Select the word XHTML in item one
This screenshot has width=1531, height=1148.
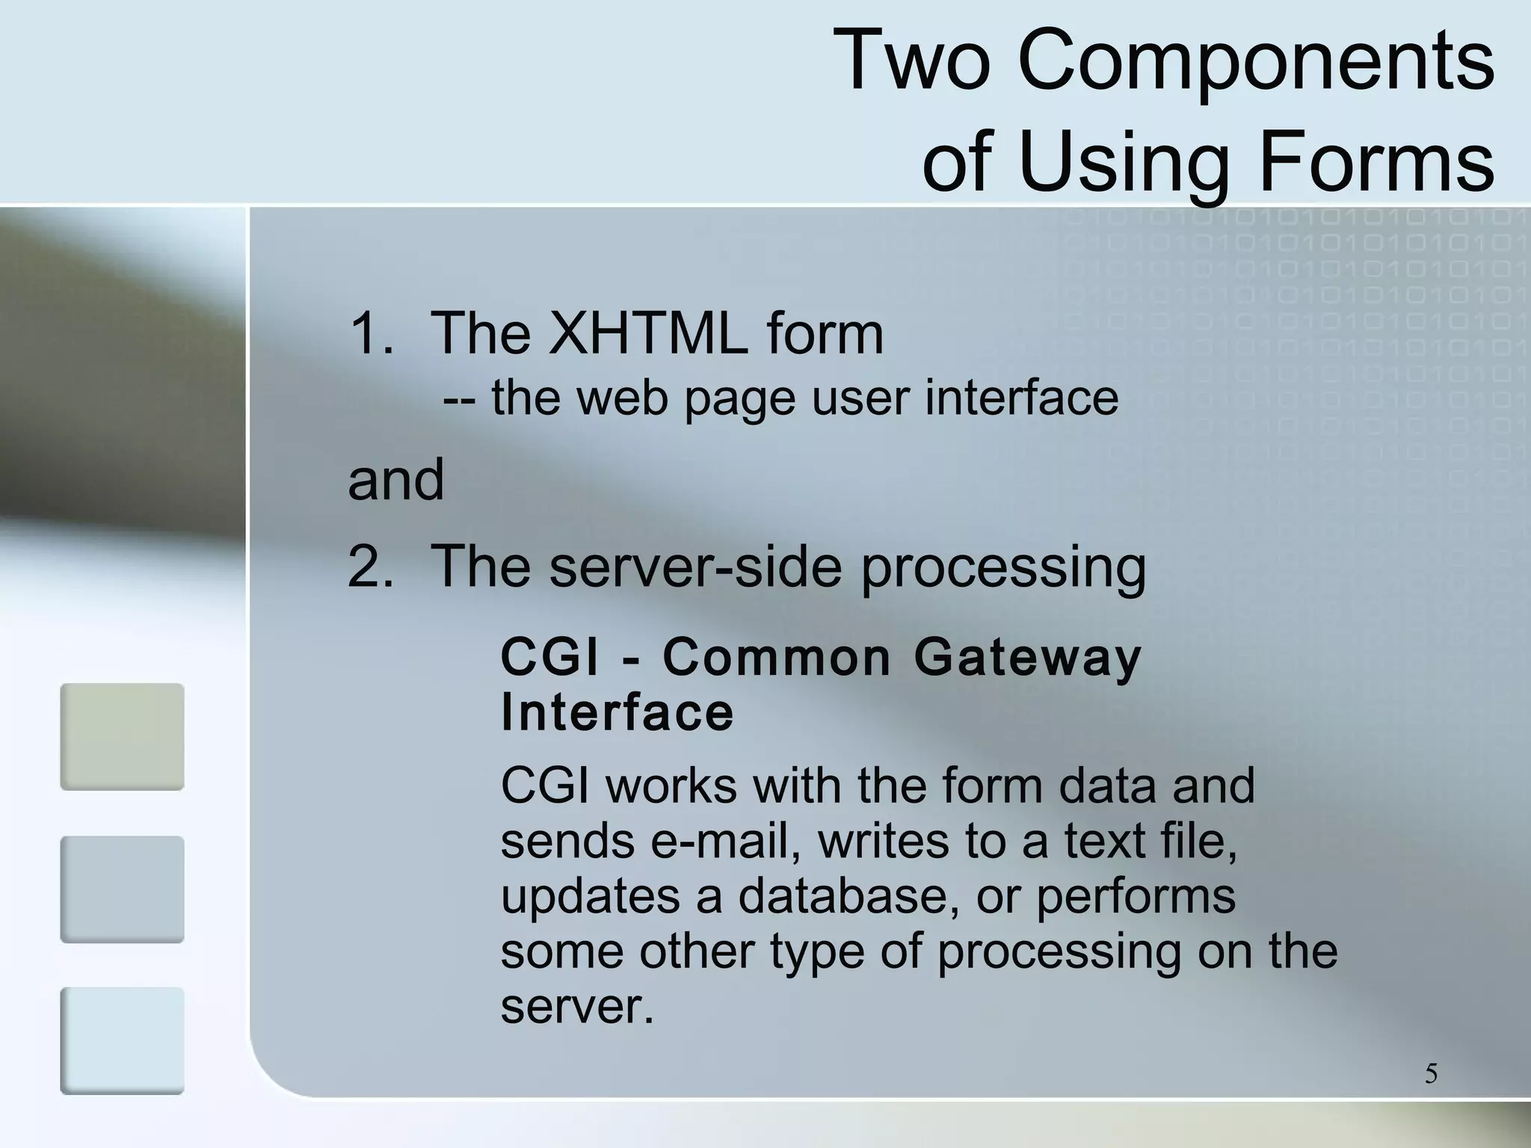[x=647, y=333]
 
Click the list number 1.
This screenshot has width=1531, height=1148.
[x=369, y=333]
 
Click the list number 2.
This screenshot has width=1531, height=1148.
[x=369, y=567]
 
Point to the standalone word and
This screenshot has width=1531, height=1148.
[x=396, y=480]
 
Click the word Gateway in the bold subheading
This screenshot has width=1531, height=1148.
[x=1027, y=658]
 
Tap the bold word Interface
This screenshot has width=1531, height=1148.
[x=617, y=712]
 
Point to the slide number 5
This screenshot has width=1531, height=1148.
[x=1431, y=1074]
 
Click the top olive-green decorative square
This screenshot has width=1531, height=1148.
[x=122, y=736]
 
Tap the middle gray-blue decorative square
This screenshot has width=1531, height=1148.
[x=122, y=889]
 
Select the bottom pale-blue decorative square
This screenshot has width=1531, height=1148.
[x=122, y=1040]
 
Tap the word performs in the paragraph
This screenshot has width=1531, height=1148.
[x=1136, y=896]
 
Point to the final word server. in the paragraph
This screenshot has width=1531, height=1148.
[x=577, y=1006]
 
